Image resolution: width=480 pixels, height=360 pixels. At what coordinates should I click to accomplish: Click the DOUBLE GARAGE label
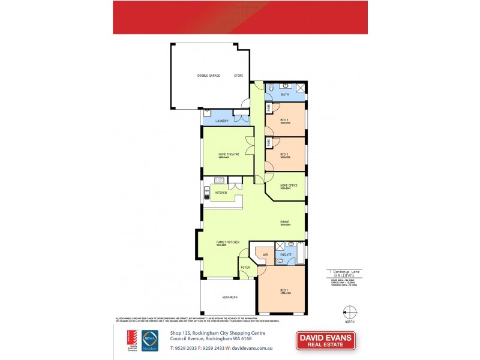[208, 76]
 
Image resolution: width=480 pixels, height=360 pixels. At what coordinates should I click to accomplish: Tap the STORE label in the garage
[238, 76]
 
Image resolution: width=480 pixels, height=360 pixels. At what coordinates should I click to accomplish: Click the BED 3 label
[285, 120]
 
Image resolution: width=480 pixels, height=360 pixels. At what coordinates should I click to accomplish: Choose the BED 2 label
[285, 154]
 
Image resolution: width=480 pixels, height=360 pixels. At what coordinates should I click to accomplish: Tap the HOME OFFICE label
[289, 185]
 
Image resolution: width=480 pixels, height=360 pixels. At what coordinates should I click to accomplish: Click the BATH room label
[285, 95]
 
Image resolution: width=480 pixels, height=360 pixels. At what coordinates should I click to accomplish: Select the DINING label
[285, 223]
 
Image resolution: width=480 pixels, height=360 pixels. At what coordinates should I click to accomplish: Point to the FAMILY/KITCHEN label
[228, 242]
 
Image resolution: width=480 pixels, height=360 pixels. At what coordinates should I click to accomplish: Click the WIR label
[265, 255]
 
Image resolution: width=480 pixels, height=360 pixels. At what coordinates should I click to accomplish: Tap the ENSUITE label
[286, 255]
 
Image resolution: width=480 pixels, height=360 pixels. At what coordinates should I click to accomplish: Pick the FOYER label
[245, 267]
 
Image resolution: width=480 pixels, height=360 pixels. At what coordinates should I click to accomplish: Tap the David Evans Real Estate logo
[326, 341]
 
